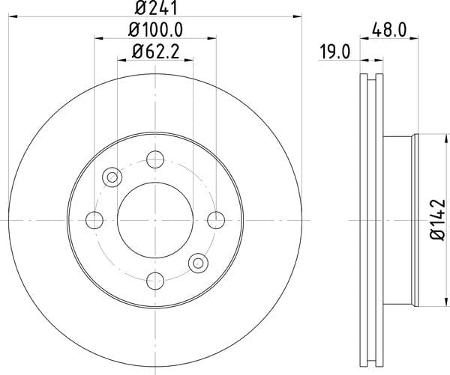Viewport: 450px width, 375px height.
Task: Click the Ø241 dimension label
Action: [155, 7]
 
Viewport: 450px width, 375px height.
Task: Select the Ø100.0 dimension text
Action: [155, 30]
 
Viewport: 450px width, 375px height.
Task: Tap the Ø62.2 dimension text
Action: [155, 52]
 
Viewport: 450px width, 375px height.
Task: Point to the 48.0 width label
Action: [389, 30]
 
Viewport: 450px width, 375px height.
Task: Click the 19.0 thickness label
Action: [335, 52]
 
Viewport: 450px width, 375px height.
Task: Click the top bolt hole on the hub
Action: [155, 159]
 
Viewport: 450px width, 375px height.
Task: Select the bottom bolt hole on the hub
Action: [155, 281]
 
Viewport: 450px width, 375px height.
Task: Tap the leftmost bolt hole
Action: [94, 220]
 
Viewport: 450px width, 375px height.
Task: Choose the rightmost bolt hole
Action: [216, 220]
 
